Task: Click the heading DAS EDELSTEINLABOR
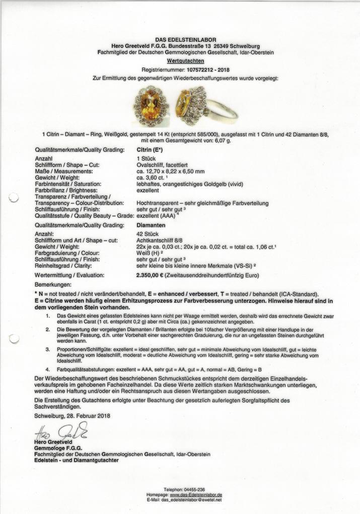point(186,39)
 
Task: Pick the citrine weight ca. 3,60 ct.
point(153,178)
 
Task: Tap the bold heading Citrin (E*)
point(150,150)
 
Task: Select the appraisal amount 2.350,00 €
point(154,276)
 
